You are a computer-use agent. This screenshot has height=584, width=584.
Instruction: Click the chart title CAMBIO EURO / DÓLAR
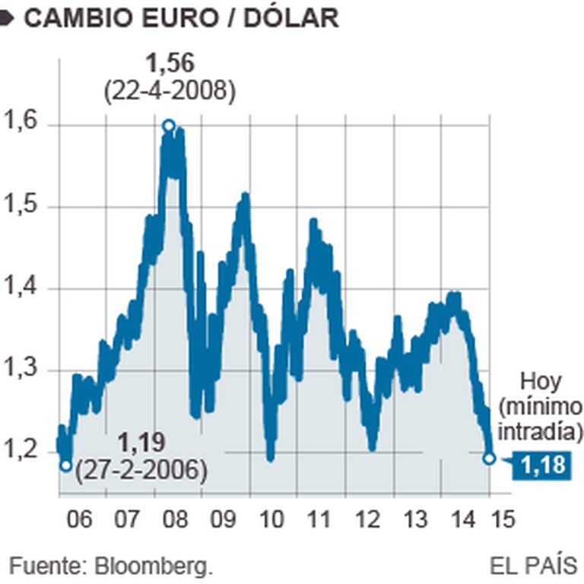point(181,17)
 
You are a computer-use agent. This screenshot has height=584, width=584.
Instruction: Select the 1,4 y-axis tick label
point(21,287)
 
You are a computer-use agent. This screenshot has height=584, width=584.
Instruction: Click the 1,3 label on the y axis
point(21,370)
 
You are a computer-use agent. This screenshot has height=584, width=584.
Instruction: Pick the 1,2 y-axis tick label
point(21,451)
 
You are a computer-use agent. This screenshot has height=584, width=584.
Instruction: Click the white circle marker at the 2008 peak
point(169,125)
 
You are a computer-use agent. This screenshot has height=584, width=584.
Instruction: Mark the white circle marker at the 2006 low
point(66,465)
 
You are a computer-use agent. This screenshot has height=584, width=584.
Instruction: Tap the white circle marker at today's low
point(489,458)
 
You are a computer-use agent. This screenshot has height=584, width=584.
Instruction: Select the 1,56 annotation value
point(170,65)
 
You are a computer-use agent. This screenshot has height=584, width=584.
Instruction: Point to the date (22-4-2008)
point(170,90)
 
